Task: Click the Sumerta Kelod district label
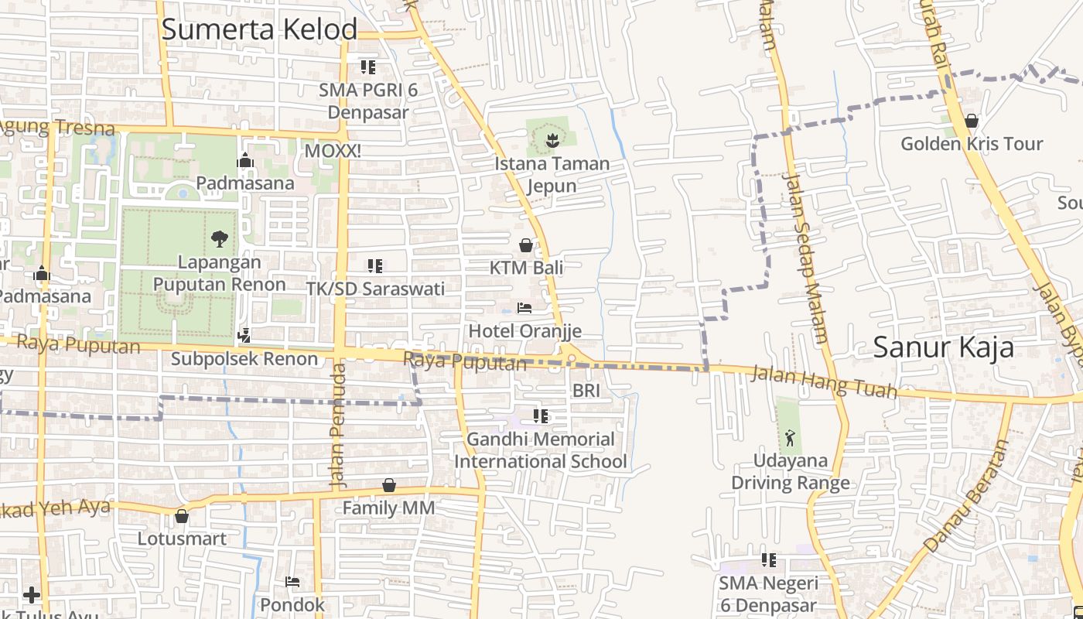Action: [259, 29]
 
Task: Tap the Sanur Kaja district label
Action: [943, 347]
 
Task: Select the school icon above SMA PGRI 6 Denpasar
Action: [368, 67]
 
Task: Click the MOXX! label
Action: [333, 151]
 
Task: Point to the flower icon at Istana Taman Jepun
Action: [552, 140]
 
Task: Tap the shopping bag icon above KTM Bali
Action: [526, 246]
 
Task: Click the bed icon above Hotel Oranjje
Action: [524, 308]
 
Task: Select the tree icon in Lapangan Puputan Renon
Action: [220, 238]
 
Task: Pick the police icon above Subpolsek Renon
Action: [244, 336]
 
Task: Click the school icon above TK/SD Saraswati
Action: [375, 266]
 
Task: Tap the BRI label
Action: [586, 391]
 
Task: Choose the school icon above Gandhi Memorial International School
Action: [541, 416]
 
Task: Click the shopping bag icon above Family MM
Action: [389, 485]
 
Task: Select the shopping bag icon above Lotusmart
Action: [182, 515]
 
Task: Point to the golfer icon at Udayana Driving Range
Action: [789, 438]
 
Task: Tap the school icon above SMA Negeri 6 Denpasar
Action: [768, 559]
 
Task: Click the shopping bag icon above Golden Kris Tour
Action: [972, 121]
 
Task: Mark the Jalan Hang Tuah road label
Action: [825, 382]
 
